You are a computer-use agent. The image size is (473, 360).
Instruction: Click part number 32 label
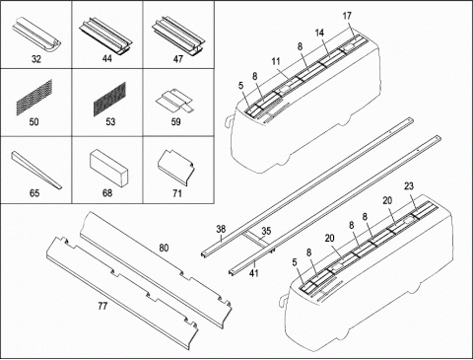click(x=36, y=59)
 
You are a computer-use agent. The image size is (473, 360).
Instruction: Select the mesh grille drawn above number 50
click(x=34, y=97)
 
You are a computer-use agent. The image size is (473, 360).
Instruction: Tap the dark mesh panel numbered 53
click(x=110, y=99)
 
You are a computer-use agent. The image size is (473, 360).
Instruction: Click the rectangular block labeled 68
click(x=108, y=168)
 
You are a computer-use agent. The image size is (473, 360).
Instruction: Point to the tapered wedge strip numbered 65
click(x=36, y=170)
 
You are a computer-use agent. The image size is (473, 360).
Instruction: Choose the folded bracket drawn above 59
click(x=174, y=100)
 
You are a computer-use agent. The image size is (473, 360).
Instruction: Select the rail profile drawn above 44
click(x=105, y=35)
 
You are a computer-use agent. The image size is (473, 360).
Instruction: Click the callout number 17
click(x=347, y=16)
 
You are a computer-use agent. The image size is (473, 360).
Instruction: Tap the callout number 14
click(x=319, y=33)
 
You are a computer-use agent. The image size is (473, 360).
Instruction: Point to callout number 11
click(x=276, y=61)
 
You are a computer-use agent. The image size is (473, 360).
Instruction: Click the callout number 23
click(x=409, y=186)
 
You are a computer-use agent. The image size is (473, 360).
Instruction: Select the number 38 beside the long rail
click(x=222, y=229)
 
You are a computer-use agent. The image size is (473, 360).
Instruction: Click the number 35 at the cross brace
click(x=266, y=231)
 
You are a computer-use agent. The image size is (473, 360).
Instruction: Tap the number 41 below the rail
click(x=254, y=272)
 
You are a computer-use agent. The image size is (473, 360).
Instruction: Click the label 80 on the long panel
click(x=164, y=248)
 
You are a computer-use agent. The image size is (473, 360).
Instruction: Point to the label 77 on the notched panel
click(x=102, y=306)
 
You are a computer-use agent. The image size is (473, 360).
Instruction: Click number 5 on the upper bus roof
click(x=241, y=86)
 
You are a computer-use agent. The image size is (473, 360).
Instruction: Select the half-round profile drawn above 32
click(x=36, y=35)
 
